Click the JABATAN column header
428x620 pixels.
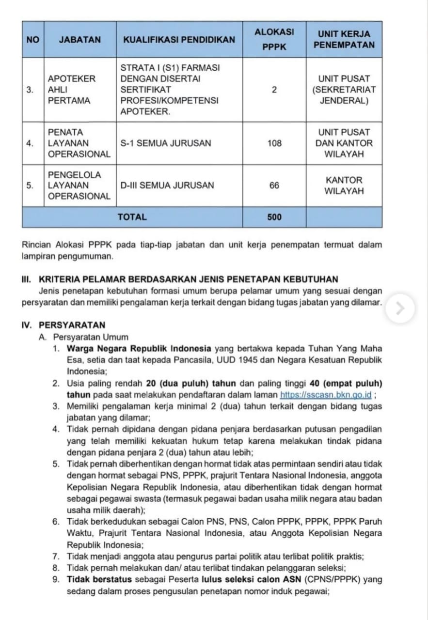click(80, 40)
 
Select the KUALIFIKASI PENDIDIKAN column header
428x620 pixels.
click(179, 40)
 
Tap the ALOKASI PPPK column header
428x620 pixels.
click(274, 40)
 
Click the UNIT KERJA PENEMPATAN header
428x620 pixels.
click(344, 40)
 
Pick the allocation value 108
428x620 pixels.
click(274, 143)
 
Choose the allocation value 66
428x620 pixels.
click(274, 186)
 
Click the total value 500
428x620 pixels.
click(274, 217)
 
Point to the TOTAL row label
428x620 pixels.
click(132, 217)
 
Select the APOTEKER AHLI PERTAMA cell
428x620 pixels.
click(71, 90)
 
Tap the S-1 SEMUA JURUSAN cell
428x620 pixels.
click(166, 143)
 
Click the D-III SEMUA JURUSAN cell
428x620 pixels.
click(167, 186)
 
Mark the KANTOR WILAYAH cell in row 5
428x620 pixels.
click(344, 186)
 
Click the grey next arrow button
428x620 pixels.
click(400, 309)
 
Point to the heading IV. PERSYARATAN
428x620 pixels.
click(63, 325)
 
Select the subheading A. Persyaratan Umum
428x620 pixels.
click(83, 337)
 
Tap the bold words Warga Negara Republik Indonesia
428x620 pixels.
click(139, 349)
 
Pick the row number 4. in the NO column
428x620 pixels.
click(30, 143)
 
